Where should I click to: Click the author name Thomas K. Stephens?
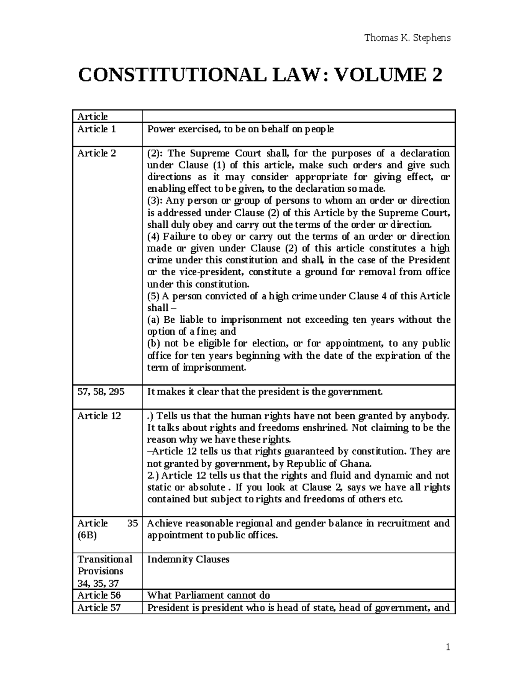pyautogui.click(x=407, y=38)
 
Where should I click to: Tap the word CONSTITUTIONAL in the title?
pyautogui.click(x=172, y=76)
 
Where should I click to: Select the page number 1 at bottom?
pyautogui.click(x=447, y=647)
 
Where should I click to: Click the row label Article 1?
pyautogui.click(x=96, y=129)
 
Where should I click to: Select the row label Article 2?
pyautogui.click(x=96, y=153)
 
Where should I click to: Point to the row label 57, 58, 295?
pyautogui.click(x=101, y=391)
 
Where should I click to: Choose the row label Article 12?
pyautogui.click(x=99, y=416)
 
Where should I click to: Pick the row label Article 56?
pyautogui.click(x=99, y=595)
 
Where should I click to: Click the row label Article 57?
pyautogui.click(x=99, y=608)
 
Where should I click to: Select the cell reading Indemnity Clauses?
pyautogui.click(x=188, y=559)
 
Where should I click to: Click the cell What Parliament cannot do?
pyautogui.click(x=208, y=595)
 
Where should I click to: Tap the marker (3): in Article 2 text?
pyautogui.click(x=155, y=201)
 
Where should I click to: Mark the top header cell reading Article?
pyautogui.click(x=92, y=117)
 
